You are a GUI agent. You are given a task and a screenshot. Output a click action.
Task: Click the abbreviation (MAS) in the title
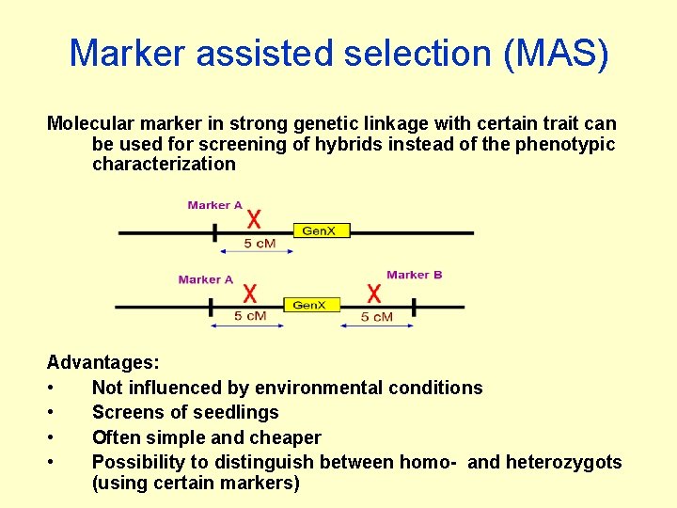tap(557, 54)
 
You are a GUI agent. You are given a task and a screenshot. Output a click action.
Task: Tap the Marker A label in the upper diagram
tap(214, 205)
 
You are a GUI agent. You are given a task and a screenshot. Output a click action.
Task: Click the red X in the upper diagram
tap(254, 220)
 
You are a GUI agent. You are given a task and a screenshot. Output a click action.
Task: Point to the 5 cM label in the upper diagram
tap(260, 244)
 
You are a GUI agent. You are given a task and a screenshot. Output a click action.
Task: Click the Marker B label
tap(414, 275)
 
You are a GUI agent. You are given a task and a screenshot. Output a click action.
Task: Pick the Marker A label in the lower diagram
tap(205, 279)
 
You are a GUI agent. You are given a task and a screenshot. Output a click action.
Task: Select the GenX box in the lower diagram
tap(309, 305)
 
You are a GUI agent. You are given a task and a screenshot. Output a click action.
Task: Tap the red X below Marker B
tap(374, 294)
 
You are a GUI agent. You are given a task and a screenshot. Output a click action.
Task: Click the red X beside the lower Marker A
tap(250, 294)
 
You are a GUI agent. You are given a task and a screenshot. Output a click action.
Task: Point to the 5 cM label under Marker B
tap(377, 317)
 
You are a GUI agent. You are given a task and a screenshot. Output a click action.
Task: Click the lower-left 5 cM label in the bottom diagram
tap(250, 316)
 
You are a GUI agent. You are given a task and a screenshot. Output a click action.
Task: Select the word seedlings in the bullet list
tap(238, 412)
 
